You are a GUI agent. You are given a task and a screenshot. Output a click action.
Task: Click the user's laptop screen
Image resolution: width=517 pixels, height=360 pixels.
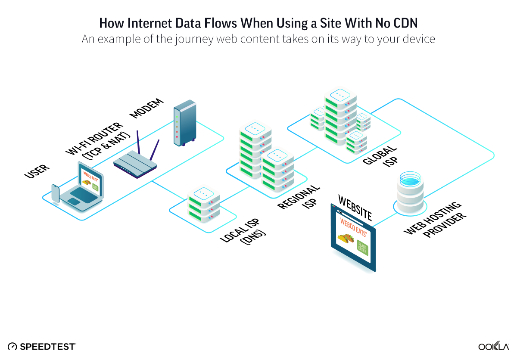[x=89, y=179]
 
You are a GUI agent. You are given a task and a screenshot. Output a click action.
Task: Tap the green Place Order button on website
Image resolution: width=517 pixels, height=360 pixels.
[x=362, y=248]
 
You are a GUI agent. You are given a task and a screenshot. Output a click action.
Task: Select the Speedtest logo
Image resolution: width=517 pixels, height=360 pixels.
[x=42, y=346]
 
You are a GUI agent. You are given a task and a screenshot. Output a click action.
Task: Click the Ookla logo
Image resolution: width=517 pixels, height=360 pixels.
[x=494, y=346]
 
